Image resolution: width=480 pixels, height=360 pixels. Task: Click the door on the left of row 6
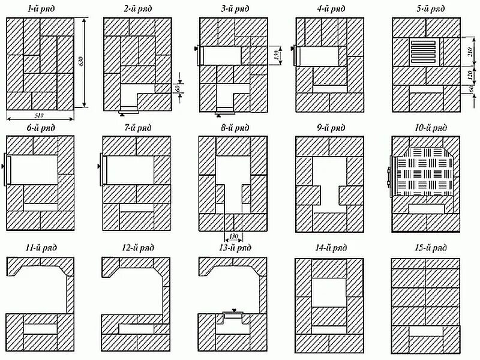(x=7, y=170)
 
